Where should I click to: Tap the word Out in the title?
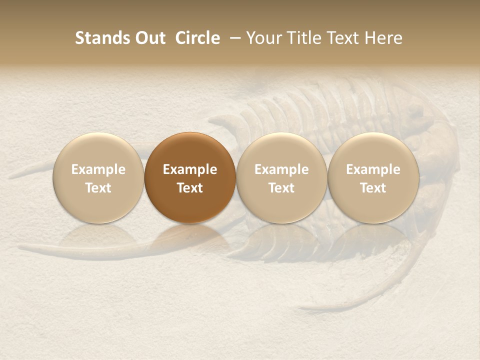[149, 38]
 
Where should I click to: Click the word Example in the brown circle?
[190, 169]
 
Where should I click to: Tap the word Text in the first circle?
[98, 188]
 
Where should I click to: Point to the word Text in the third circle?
[281, 188]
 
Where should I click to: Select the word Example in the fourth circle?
[373, 169]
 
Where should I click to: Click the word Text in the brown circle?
[190, 188]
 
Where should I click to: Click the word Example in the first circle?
[98, 169]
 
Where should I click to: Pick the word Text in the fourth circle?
[373, 188]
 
